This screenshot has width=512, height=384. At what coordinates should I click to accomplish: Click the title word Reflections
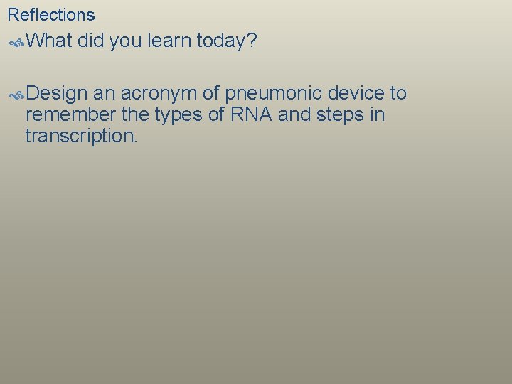point(50,14)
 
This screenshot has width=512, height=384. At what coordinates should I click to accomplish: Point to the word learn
point(169,41)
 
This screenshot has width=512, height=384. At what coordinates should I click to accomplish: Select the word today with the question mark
point(227,41)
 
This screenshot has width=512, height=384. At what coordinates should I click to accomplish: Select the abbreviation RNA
point(247,114)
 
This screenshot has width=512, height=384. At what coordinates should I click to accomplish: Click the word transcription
point(81,136)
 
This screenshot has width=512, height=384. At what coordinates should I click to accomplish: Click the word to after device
point(398,93)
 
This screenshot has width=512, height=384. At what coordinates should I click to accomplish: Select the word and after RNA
point(293,114)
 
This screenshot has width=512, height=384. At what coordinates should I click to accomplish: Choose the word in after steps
point(377,114)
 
